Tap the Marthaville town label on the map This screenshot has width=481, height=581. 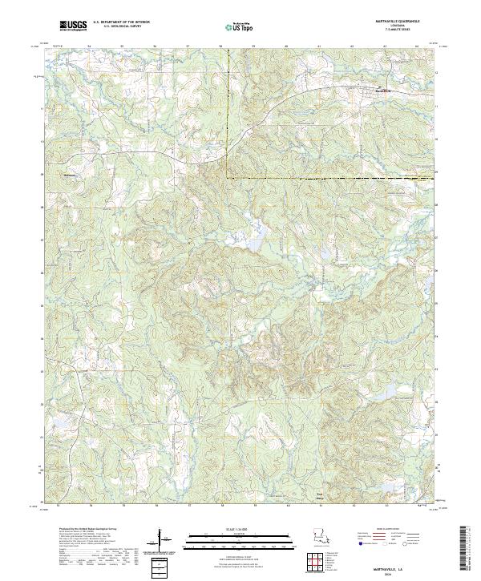click(x=386, y=91)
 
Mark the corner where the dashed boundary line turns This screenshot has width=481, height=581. click(x=225, y=177)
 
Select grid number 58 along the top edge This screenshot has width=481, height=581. click(x=220, y=46)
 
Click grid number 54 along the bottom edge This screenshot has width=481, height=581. click(x=90, y=506)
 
